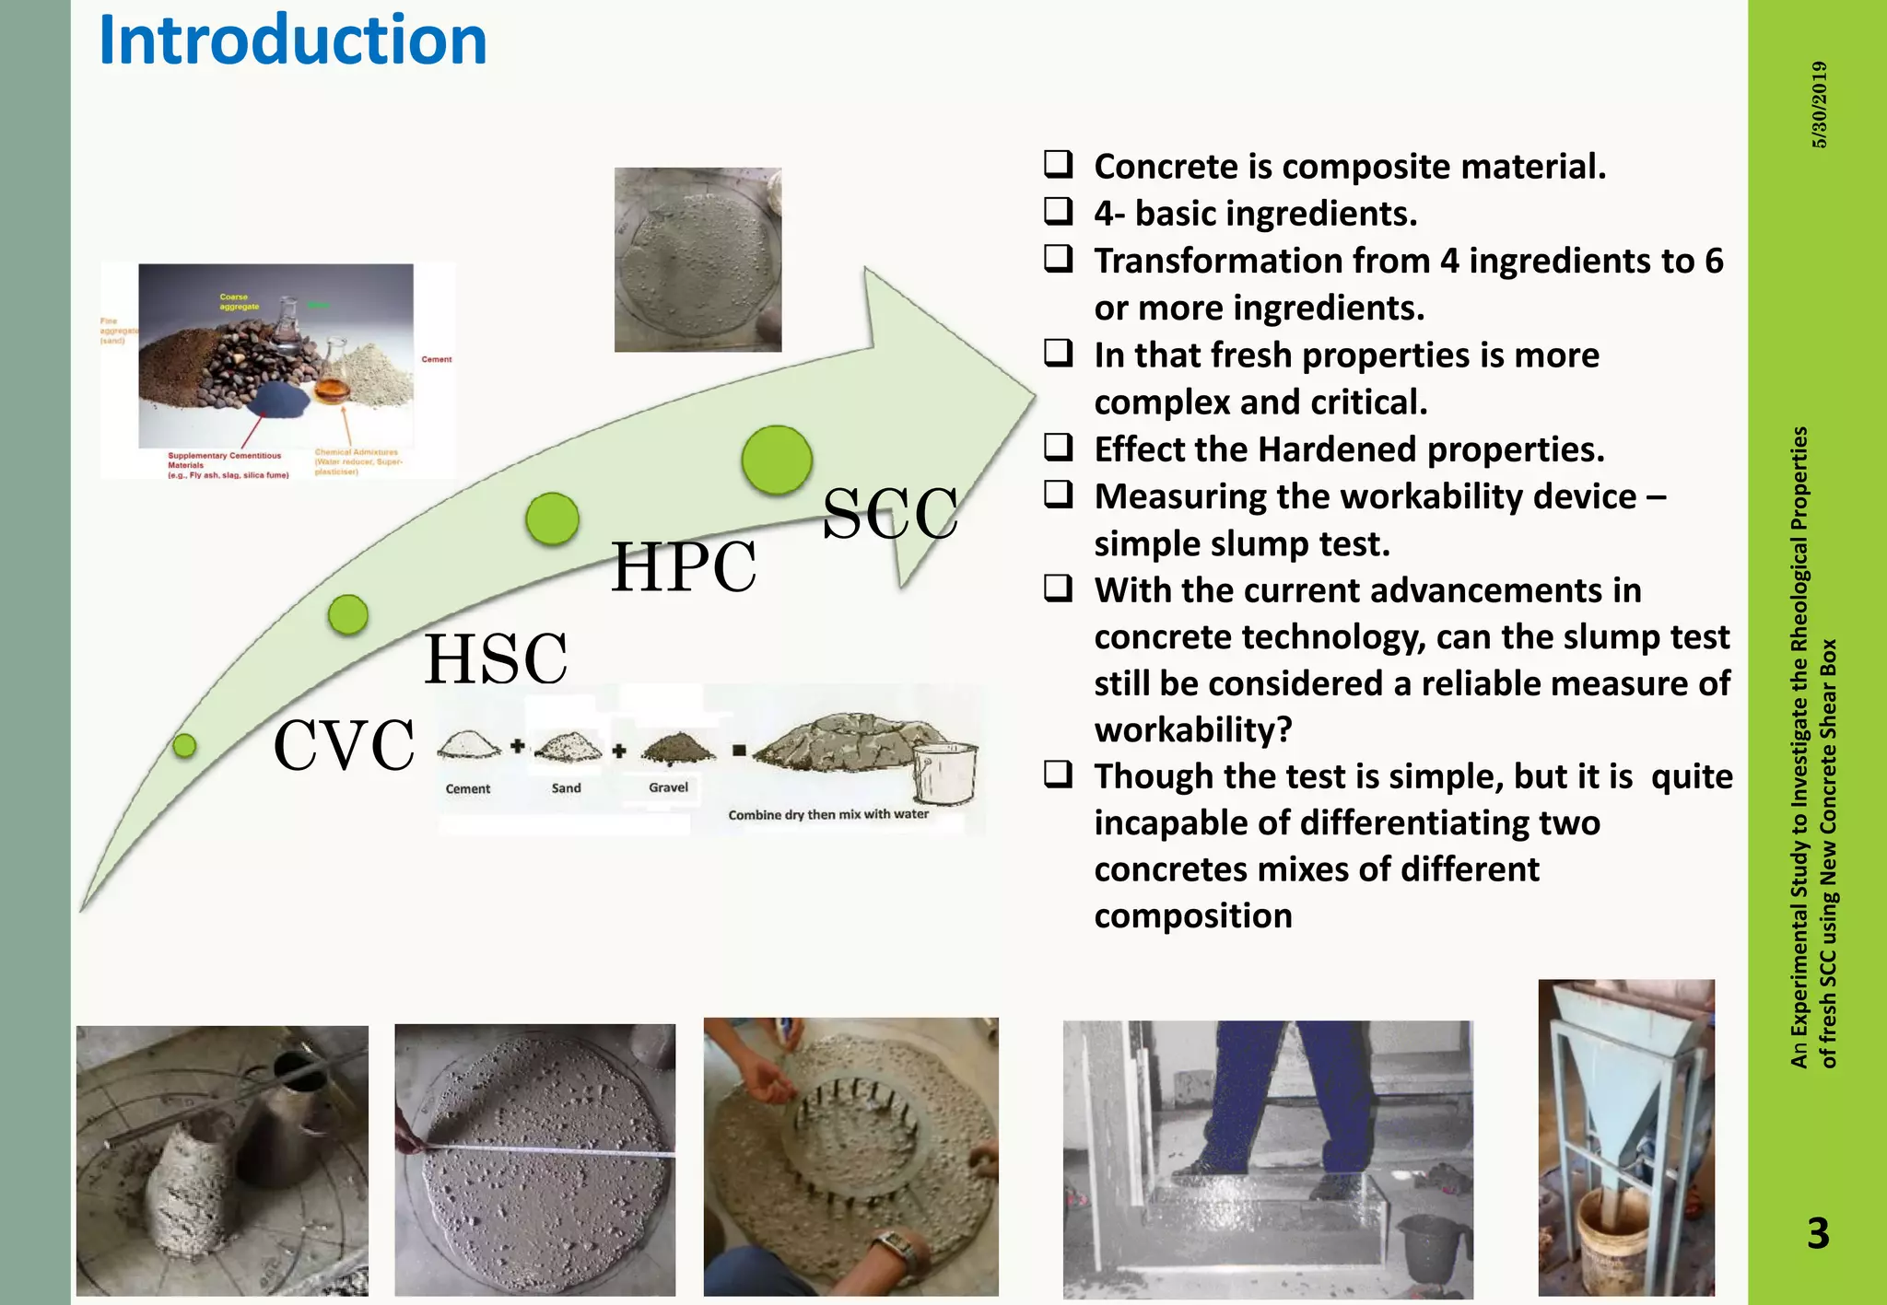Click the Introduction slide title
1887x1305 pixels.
click(292, 41)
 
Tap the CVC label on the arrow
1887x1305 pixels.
click(344, 745)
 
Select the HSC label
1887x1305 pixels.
click(496, 659)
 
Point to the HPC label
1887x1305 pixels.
click(684, 567)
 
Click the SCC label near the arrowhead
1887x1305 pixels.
click(889, 514)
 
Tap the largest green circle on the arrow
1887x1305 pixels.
click(777, 460)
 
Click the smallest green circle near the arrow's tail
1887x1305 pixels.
click(184, 745)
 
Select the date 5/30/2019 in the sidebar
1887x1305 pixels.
click(1819, 104)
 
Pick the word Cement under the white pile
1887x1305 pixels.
click(468, 789)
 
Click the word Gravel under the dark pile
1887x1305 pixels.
click(668, 787)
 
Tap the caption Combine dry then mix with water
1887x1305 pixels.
click(828, 814)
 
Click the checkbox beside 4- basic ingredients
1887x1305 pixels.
click(1058, 212)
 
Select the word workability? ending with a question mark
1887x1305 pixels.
click(1193, 730)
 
